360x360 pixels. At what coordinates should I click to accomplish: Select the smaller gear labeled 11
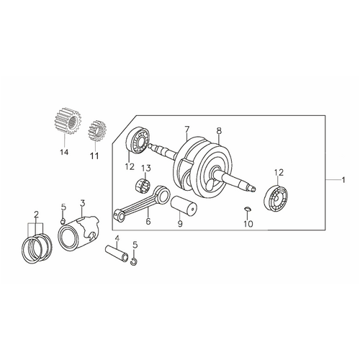point(97,131)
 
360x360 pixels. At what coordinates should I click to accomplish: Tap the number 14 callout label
point(64,152)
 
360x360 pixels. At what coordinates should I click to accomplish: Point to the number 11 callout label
point(94,156)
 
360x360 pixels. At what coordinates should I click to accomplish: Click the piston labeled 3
point(78,232)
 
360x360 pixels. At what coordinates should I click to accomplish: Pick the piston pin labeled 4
point(117,253)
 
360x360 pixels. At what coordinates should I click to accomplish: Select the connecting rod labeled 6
point(143,201)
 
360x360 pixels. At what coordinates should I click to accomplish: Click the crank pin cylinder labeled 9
point(184,206)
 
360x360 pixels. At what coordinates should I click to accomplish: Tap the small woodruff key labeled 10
point(248,209)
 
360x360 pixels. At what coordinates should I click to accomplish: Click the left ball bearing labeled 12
point(138,139)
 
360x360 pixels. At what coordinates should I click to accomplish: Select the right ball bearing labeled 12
point(276,198)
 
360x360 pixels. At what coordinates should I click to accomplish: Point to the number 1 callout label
point(343,179)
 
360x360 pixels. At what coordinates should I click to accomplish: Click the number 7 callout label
point(187,130)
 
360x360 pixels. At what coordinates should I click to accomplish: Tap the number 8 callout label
point(219,131)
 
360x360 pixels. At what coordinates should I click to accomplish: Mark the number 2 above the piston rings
point(36,214)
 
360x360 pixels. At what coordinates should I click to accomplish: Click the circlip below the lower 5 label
point(135,262)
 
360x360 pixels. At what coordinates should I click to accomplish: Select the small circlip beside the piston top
point(63,221)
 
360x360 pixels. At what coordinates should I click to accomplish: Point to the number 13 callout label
point(146,168)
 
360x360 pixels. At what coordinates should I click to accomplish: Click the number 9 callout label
point(180,224)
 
